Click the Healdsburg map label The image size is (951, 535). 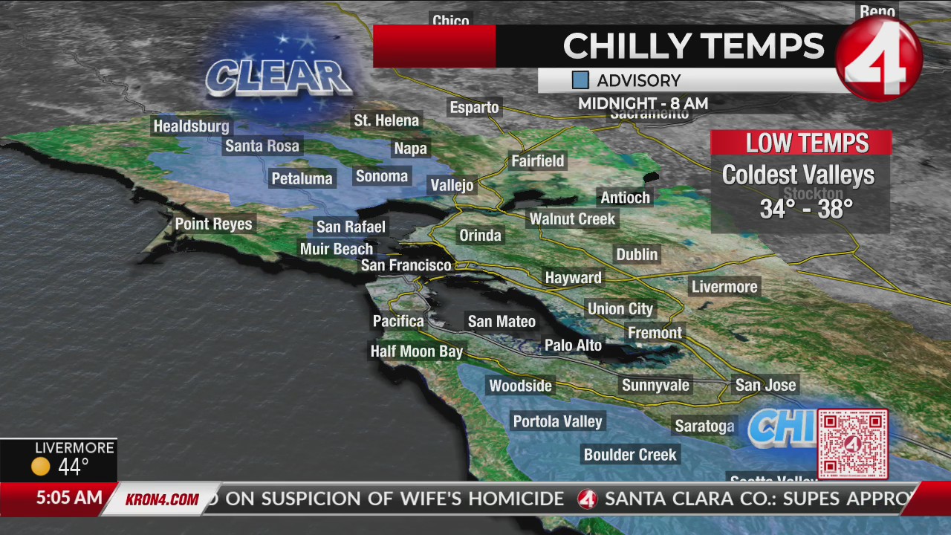[191, 126]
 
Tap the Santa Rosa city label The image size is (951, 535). [262, 146]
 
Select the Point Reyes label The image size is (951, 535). [213, 224]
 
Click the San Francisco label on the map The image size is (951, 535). [406, 265]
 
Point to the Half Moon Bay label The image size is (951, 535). [416, 351]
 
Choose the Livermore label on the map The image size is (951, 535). [724, 287]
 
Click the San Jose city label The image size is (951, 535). [765, 385]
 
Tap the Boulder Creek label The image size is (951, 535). [630, 455]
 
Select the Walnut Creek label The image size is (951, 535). [572, 219]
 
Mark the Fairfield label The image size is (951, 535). [538, 161]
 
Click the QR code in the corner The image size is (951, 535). [852, 444]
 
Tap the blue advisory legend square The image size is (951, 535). [580, 80]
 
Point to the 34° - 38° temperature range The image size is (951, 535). [805, 210]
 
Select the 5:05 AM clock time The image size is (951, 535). [68, 498]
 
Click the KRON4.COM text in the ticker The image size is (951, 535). [161, 499]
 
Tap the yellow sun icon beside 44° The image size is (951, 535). [41, 467]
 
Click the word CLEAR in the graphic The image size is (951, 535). [278, 77]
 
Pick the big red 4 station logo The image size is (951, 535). [879, 59]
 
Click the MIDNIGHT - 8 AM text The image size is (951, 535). [643, 104]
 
